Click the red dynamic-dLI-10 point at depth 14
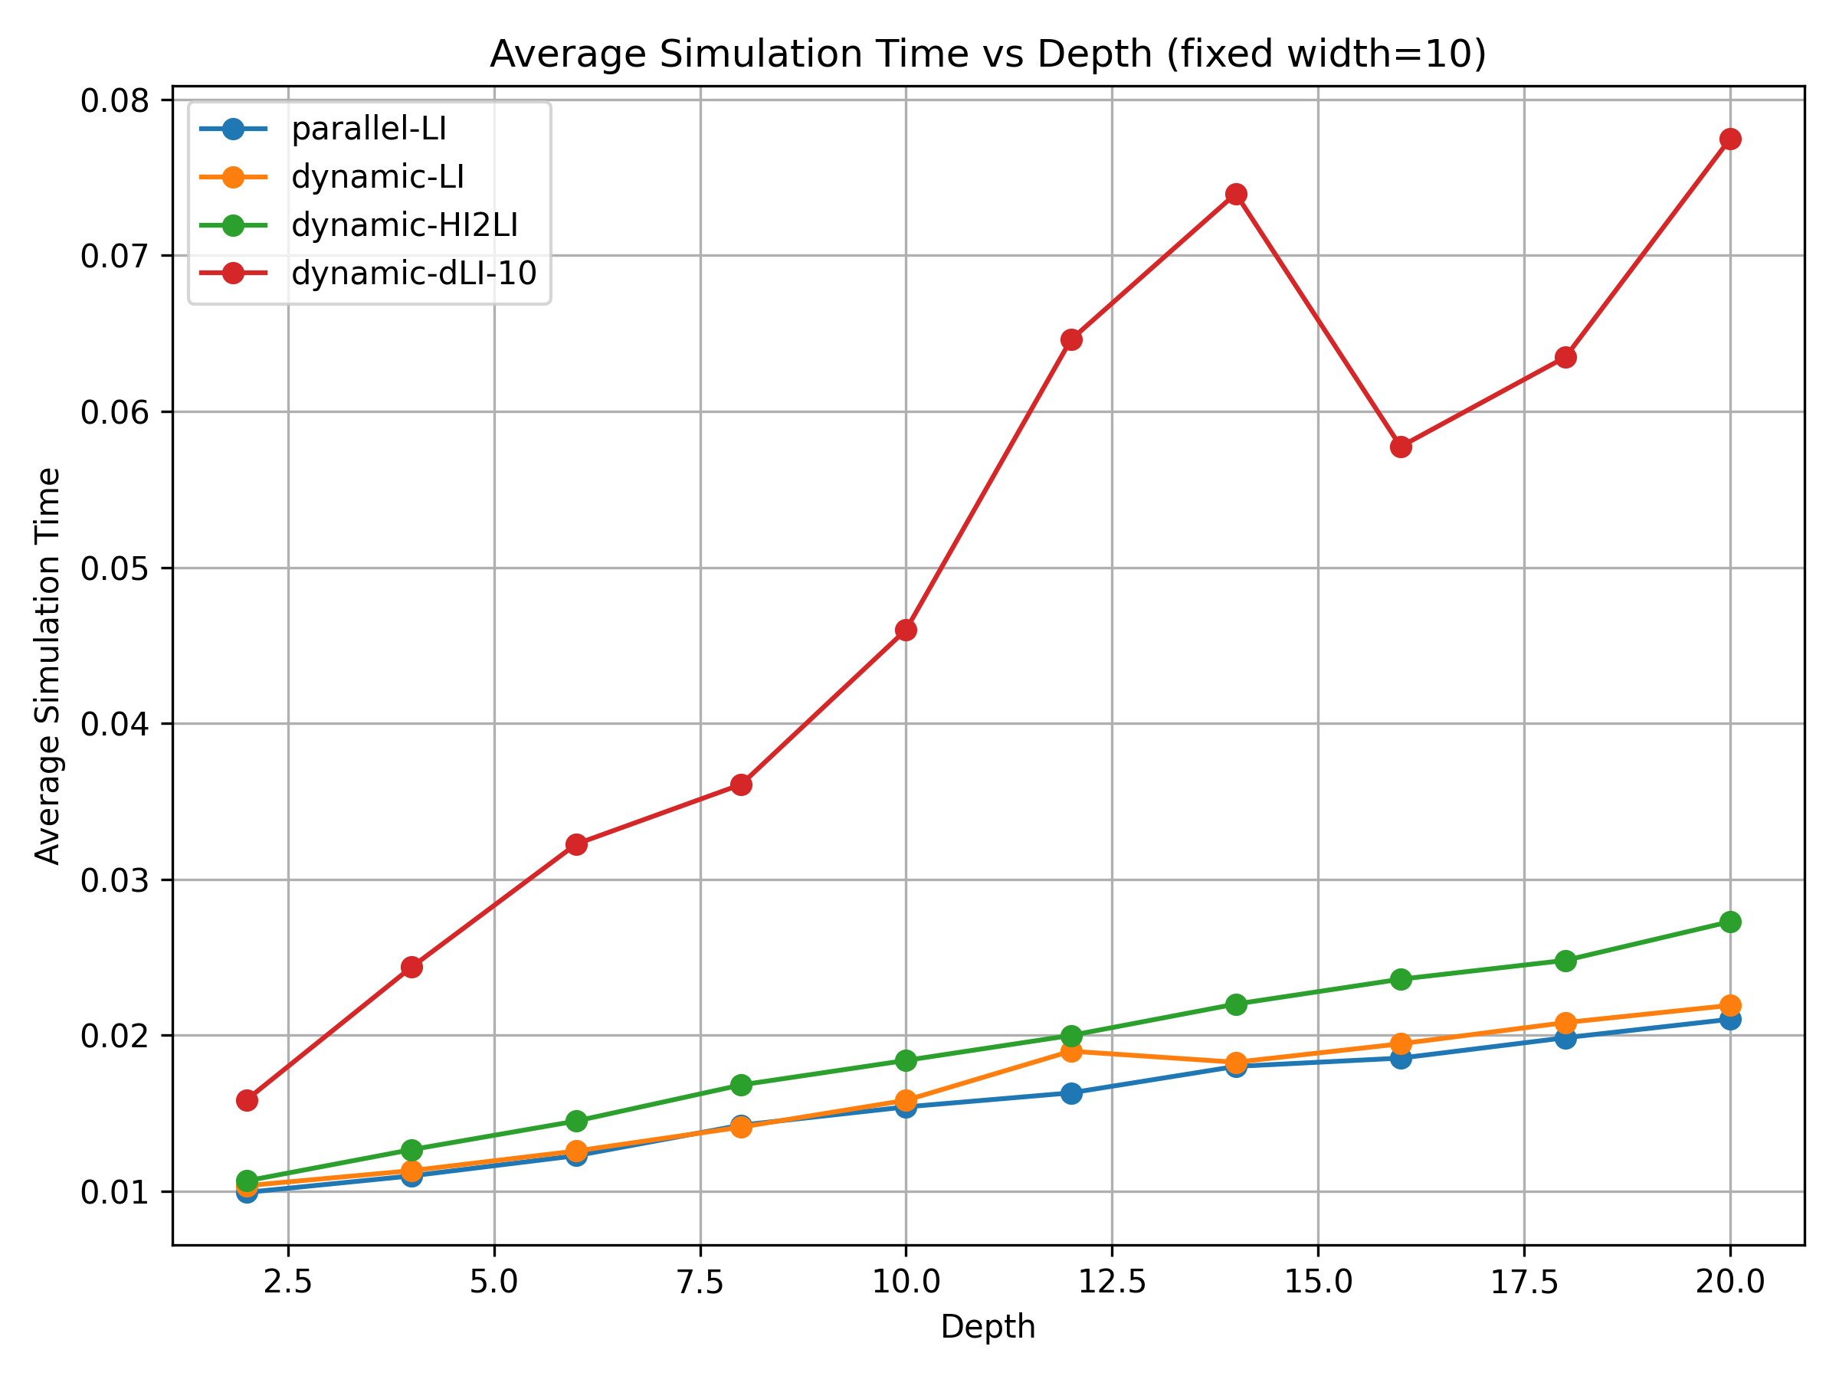coord(1236,195)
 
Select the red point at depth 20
coord(1730,139)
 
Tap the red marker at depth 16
coord(1401,447)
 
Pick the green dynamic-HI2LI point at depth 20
coord(1730,922)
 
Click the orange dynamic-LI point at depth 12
coord(1072,1052)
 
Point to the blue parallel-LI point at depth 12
coord(1072,1093)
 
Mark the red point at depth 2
coord(247,1101)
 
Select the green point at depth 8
coord(741,1085)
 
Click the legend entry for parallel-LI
coord(369,129)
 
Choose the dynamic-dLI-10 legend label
coord(413,274)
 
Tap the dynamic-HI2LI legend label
coord(404,225)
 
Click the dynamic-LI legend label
coord(378,177)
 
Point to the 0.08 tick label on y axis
coord(115,100)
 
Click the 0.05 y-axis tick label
coord(115,568)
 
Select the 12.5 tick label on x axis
coord(1112,1282)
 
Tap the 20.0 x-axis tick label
coord(1730,1282)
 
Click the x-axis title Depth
coord(988,1328)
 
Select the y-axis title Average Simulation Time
coord(48,666)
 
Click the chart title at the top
coord(988,55)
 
